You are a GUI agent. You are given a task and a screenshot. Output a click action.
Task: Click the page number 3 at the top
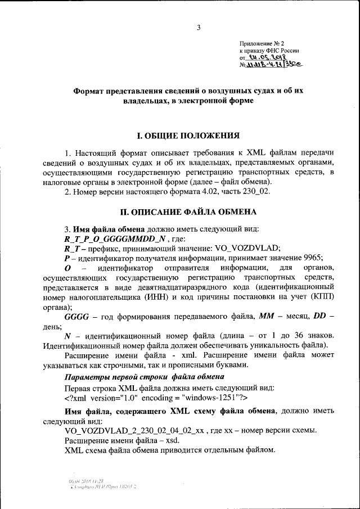199,27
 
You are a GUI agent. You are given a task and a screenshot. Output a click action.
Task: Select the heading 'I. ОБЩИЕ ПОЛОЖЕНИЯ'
189,136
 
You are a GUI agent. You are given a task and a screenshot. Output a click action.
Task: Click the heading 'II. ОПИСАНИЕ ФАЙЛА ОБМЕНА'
189,212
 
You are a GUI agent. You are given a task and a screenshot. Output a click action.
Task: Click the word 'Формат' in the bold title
94,92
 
